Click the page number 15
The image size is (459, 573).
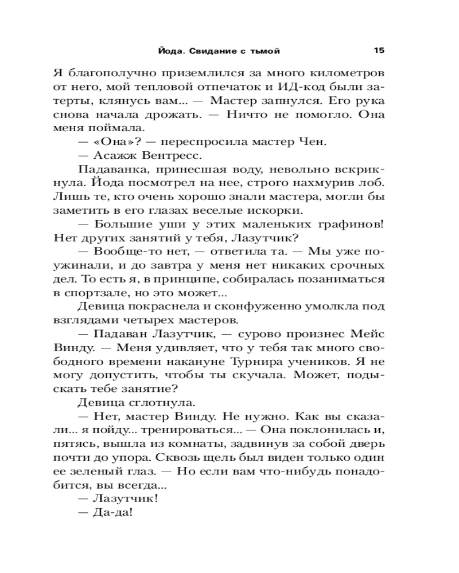(379, 50)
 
